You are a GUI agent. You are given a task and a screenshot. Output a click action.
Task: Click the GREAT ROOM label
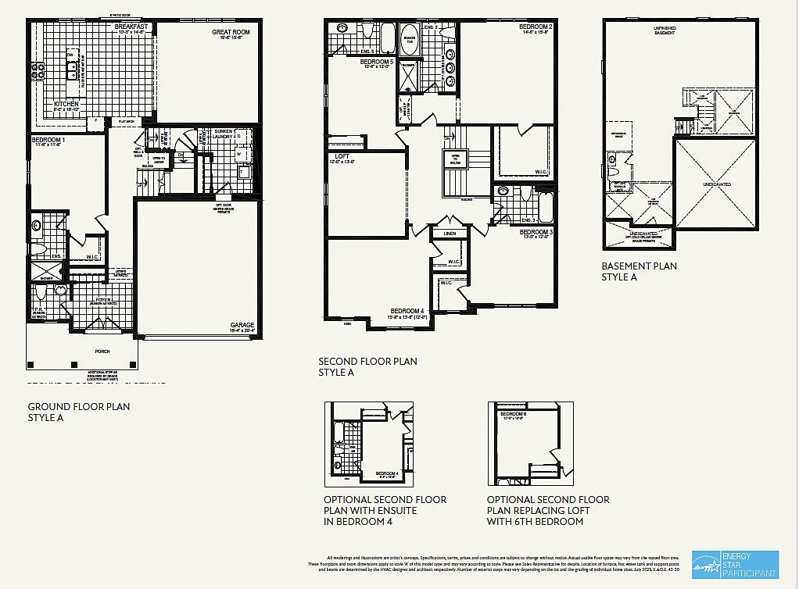[230, 33]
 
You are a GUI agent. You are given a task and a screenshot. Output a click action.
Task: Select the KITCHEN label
[66, 104]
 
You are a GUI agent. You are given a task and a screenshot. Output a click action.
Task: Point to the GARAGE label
[242, 325]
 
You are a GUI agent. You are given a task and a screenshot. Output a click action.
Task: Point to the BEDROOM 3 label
[536, 232]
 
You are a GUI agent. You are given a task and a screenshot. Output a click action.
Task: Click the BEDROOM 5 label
[377, 62]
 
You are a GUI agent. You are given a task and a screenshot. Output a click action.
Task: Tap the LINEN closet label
[449, 234]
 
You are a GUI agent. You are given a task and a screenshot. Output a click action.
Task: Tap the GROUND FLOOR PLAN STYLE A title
[78, 412]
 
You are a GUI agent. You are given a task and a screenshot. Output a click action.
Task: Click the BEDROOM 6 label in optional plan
[514, 413]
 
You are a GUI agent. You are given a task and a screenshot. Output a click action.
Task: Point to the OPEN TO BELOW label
[453, 159]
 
